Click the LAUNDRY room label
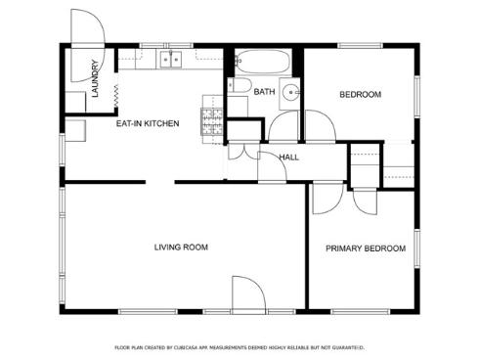(x=95, y=80)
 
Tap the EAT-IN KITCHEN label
(x=148, y=124)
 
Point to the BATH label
(x=264, y=92)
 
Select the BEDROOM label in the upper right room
(x=360, y=95)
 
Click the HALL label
(x=288, y=157)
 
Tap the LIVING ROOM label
(x=181, y=247)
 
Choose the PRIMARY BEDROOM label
(x=365, y=248)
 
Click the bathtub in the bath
(x=262, y=64)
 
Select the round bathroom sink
(x=291, y=95)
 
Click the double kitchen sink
(x=171, y=61)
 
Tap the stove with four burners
(x=212, y=123)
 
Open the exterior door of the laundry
(x=86, y=29)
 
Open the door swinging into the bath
(x=283, y=126)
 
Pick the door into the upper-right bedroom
(x=319, y=126)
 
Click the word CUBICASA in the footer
(x=212, y=347)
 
